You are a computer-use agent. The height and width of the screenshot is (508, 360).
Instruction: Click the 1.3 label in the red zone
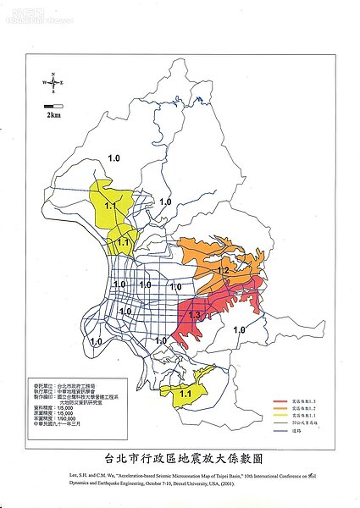point(194,315)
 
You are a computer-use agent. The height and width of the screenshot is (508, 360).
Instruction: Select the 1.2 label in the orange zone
point(223,270)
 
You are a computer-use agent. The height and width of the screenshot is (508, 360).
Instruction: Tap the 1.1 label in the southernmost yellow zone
point(186,393)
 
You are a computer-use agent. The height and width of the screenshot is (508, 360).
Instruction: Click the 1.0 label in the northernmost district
point(114,158)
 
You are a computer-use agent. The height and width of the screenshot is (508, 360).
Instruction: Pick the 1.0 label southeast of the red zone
point(239,329)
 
